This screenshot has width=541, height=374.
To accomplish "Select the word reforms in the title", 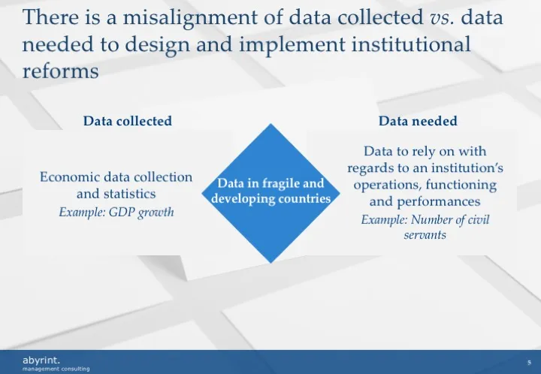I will coord(60,71).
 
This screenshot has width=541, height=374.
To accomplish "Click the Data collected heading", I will coord(127,120).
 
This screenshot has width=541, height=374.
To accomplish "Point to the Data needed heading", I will coord(418,120).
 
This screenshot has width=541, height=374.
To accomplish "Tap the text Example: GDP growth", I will coord(116,212).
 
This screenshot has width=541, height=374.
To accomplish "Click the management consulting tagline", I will coord(56,369).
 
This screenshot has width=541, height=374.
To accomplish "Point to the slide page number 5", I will coord(529,361).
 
